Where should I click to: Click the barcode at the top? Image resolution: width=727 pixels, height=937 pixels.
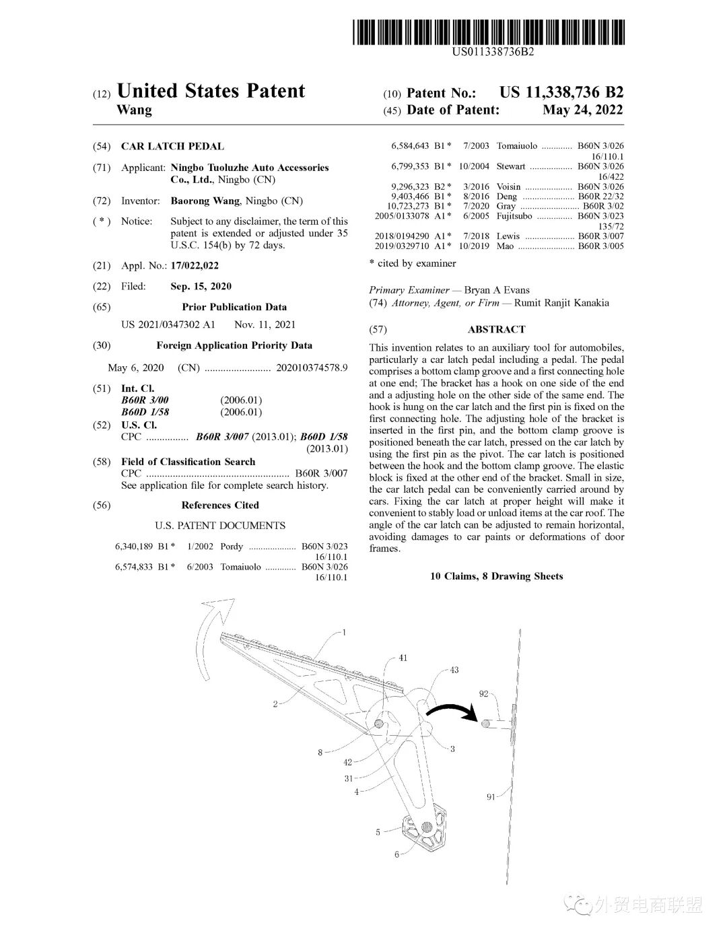point(489,32)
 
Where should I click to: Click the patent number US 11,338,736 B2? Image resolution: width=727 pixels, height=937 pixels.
point(561,92)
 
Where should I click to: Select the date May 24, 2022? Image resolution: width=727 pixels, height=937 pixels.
point(582,110)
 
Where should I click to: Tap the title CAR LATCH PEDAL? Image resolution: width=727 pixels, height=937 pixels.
point(172,146)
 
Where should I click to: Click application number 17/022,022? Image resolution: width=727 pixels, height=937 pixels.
point(195,266)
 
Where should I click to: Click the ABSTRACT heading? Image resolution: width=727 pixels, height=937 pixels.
point(496,329)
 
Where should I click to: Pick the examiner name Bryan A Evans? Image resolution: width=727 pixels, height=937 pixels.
point(497,290)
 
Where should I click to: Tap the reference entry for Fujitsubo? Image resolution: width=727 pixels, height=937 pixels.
point(514,216)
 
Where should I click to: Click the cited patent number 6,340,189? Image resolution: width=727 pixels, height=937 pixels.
point(135,547)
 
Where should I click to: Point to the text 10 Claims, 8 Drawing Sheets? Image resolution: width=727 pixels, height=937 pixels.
point(496,576)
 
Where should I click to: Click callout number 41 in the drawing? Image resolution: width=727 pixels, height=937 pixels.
point(403,658)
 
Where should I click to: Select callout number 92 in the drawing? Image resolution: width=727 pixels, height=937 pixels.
point(483,693)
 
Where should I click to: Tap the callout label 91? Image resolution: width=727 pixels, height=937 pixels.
point(491,797)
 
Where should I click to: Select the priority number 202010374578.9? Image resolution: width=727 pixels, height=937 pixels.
point(310,368)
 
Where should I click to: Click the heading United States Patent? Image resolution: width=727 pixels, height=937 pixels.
point(211,92)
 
